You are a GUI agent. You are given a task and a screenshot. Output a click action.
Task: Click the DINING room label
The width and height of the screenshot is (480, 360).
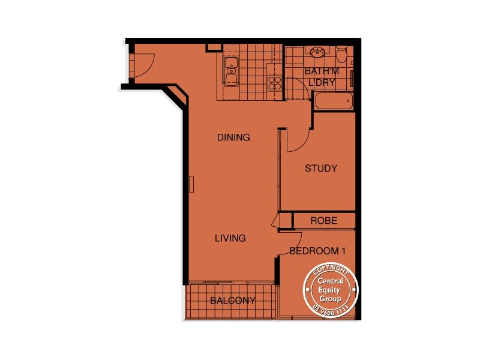click(233, 137)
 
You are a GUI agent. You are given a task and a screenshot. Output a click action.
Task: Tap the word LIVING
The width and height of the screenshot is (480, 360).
click(230, 238)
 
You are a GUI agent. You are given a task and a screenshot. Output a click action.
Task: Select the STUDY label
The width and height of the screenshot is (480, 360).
click(321, 169)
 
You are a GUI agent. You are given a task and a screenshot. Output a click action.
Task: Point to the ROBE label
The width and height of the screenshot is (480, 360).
click(323, 221)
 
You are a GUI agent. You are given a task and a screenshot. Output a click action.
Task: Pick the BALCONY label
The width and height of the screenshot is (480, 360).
click(233, 301)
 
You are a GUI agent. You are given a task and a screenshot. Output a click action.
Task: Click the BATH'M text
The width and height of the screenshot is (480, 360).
click(322, 71)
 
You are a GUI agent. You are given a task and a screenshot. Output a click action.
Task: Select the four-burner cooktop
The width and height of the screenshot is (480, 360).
click(275, 82)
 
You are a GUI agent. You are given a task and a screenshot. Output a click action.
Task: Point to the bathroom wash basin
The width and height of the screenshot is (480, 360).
click(316, 54)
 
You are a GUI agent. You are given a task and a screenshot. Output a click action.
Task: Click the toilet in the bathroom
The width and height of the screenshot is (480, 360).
click(341, 55)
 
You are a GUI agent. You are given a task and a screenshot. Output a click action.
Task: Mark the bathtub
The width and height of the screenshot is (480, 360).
click(332, 101)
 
